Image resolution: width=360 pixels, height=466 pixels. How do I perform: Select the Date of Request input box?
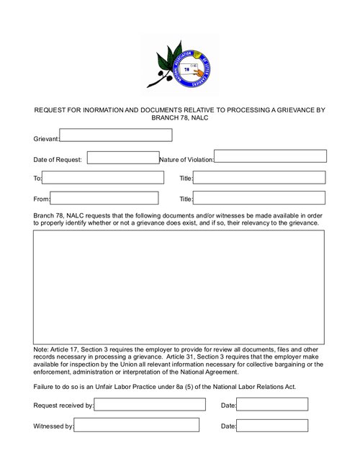(x=122, y=158)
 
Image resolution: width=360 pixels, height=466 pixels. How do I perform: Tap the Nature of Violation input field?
(x=270, y=156)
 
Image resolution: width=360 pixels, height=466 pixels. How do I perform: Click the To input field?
(x=100, y=177)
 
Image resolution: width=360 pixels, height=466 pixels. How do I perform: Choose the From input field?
(x=104, y=198)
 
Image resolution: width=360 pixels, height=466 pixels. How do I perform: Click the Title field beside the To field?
(x=259, y=177)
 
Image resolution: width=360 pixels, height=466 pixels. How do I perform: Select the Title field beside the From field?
(x=259, y=198)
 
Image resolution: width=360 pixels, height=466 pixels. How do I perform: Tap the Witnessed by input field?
(x=137, y=426)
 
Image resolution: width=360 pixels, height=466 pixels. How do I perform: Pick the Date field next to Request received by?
(x=262, y=405)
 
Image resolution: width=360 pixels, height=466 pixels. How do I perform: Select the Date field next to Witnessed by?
(x=262, y=426)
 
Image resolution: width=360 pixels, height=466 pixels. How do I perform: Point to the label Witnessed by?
(x=53, y=426)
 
